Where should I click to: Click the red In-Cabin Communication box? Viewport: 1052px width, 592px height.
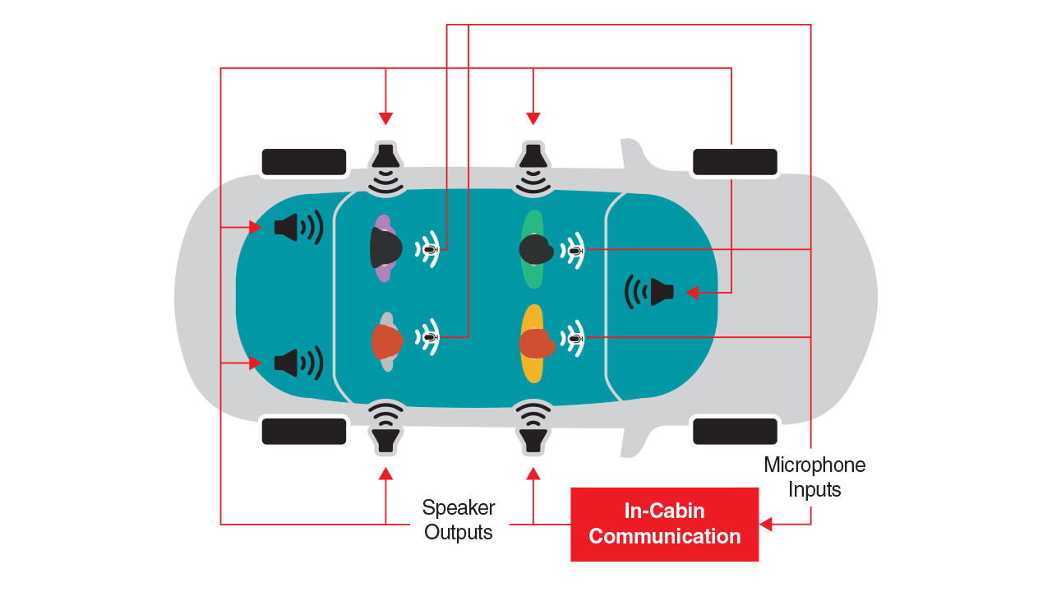[664, 524]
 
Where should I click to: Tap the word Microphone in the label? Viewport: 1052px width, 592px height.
[814, 465]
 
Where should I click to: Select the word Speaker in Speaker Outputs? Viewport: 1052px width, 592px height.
[458, 507]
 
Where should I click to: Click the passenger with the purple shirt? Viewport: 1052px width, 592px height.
[384, 248]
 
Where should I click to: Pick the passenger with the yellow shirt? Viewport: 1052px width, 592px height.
[534, 343]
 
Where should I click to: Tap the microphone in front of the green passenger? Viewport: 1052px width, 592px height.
[576, 249]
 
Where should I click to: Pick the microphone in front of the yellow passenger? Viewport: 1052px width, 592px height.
[576, 338]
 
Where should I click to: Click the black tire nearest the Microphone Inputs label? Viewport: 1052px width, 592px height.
[735, 431]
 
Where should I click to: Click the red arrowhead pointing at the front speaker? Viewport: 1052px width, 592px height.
[692, 292]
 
